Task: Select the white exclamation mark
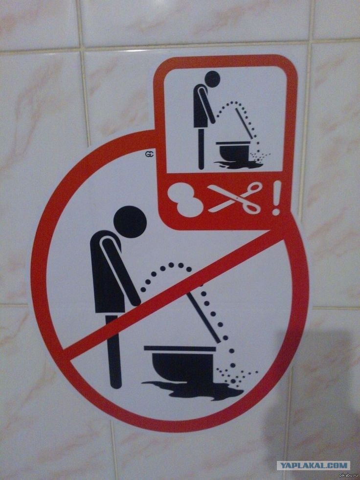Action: coord(276,198)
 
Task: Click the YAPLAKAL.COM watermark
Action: coord(313,465)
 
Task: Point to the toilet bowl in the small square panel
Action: coord(234,152)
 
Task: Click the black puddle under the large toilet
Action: coord(193,389)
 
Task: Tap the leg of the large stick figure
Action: coord(113,351)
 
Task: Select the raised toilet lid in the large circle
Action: coord(204,318)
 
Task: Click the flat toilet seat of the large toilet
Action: coord(179,348)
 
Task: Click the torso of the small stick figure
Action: coord(200,107)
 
